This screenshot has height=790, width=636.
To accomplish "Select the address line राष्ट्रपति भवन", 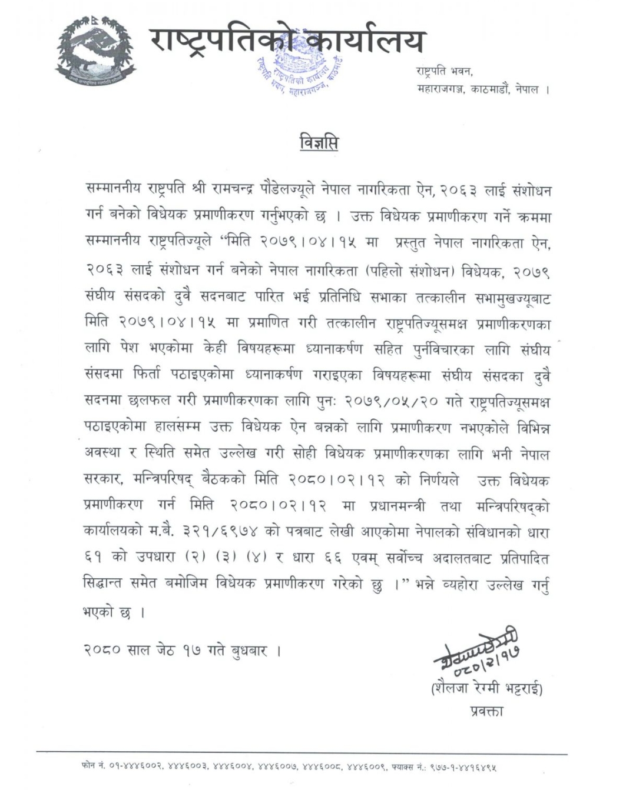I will point(445,71).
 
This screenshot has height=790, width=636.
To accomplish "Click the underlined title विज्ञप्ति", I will point(319,143).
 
